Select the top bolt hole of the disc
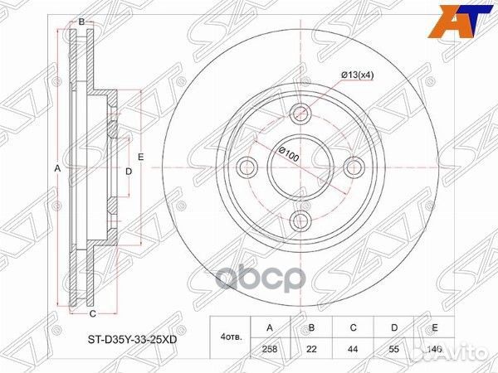[x=300, y=114]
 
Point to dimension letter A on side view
[x=57, y=168]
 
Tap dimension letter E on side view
[x=141, y=157]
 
